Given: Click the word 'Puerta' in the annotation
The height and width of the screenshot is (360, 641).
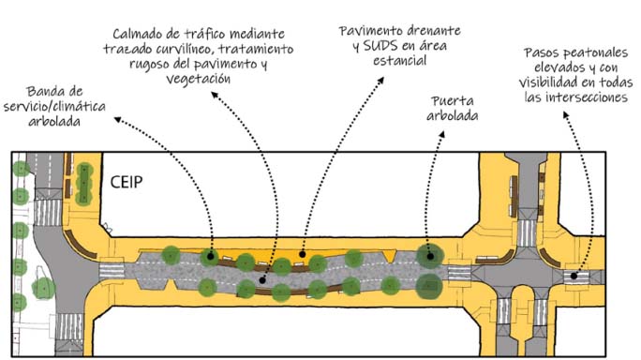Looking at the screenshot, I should point(453,100).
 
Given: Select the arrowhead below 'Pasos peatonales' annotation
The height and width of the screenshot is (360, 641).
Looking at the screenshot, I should point(566,114).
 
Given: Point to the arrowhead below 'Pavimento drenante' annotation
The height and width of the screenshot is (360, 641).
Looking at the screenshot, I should point(382,81).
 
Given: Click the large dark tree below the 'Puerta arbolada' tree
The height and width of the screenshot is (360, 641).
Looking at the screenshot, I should point(428,284).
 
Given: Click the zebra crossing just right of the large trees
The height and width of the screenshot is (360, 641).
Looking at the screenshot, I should point(458,273).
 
